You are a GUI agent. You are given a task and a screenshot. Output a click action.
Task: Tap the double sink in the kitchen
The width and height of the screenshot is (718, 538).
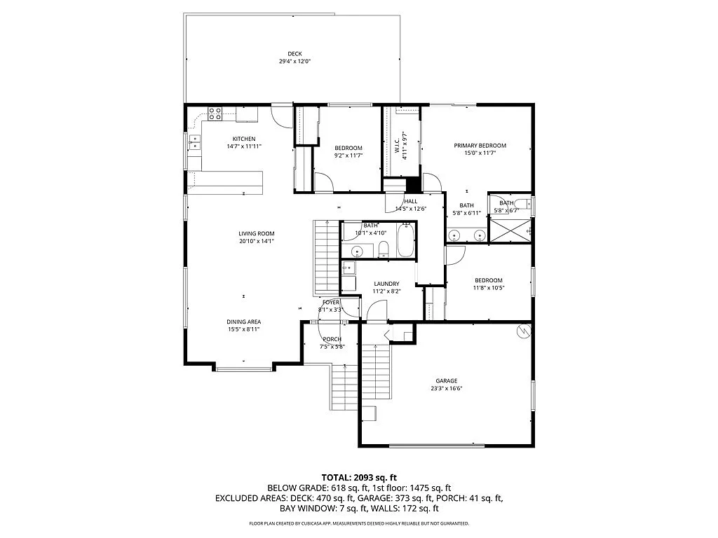pyautogui.click(x=194, y=145)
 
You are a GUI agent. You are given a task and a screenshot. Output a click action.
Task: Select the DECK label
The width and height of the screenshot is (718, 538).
pyautogui.click(x=294, y=54)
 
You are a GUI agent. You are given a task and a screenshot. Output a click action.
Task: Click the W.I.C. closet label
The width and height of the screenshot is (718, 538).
pyautogui.click(x=396, y=145)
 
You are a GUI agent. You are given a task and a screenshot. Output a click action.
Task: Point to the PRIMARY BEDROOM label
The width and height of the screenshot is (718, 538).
pyautogui.click(x=480, y=146)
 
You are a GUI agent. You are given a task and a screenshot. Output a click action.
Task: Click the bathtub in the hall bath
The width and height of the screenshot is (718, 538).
pyautogui.click(x=406, y=240)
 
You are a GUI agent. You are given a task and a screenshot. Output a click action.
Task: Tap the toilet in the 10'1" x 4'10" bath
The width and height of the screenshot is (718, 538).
pyautogui.click(x=383, y=249)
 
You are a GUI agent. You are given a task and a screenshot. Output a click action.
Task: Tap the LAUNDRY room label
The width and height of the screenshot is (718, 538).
pyautogui.click(x=386, y=284)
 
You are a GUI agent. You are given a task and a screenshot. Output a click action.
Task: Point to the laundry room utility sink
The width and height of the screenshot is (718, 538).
pyautogui.click(x=348, y=267)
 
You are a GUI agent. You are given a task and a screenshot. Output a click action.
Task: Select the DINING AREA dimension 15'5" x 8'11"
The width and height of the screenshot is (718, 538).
pyautogui.click(x=244, y=329)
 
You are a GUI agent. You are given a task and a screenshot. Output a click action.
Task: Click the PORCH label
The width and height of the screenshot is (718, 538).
pyautogui.click(x=332, y=339)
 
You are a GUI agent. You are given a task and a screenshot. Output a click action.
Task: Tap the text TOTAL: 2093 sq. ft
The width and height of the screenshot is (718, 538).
pyautogui.click(x=359, y=477)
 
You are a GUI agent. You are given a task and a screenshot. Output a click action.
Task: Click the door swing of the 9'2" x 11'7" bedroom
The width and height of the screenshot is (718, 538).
pyautogui.click(x=323, y=182)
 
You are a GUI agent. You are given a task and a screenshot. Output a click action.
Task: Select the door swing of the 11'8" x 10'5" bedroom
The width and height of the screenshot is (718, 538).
pyautogui.click(x=454, y=255)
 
